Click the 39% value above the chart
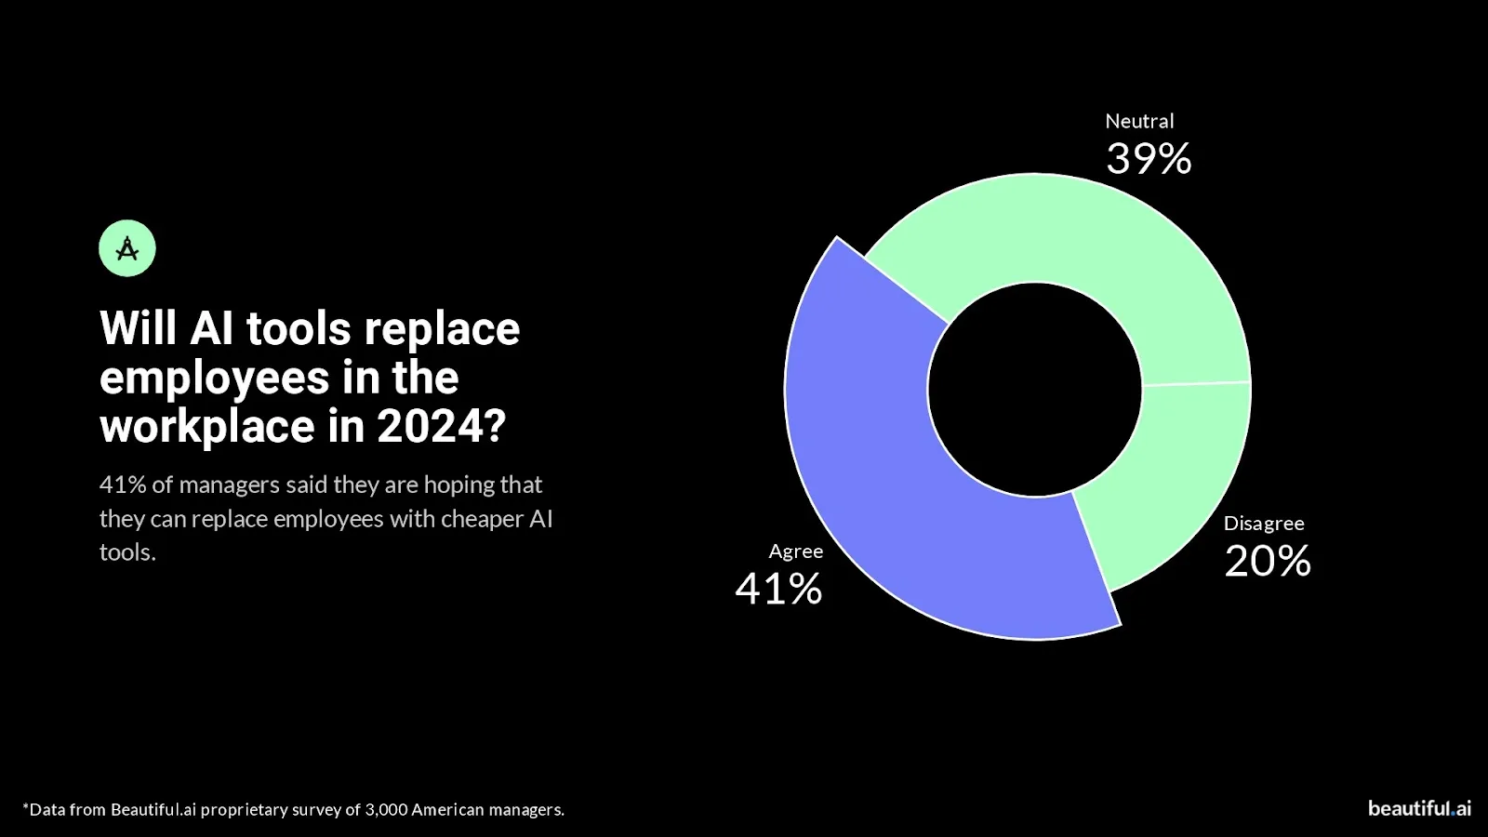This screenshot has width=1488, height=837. (x=1149, y=159)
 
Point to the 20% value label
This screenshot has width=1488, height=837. (x=1267, y=561)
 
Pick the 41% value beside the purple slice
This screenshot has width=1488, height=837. (x=778, y=589)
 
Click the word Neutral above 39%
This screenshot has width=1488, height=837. (x=1139, y=121)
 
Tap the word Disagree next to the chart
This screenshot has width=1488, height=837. (x=1263, y=524)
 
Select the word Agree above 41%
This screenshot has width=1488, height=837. (x=795, y=551)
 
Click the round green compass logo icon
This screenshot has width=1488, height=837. (x=127, y=248)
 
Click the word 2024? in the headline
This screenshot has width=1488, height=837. (x=441, y=427)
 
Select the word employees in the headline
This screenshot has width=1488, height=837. (x=215, y=379)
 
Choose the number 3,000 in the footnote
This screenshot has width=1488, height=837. (x=386, y=810)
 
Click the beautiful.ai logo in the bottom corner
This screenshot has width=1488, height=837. (x=1419, y=808)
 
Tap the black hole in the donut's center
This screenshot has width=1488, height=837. (x=1034, y=390)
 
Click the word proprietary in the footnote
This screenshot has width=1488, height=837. (x=244, y=810)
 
